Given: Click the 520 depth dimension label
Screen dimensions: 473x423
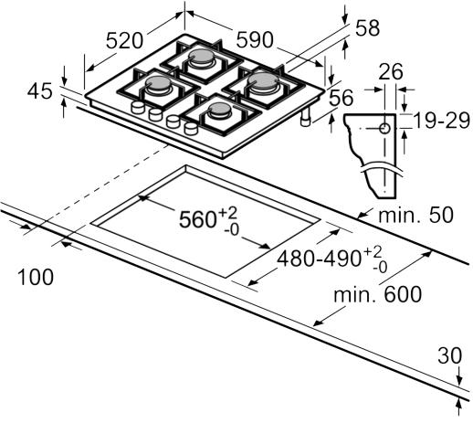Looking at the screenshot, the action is pyautogui.click(x=124, y=41).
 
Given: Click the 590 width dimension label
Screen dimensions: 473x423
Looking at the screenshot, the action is pyautogui.click(x=255, y=40).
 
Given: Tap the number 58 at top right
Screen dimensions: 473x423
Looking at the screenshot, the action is pyautogui.click(x=367, y=28).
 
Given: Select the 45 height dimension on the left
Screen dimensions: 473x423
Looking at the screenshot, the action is pyautogui.click(x=40, y=91).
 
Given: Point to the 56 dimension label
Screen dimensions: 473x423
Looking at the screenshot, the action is pyautogui.click(x=341, y=98).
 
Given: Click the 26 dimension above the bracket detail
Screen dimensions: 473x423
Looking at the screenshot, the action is pyautogui.click(x=391, y=72).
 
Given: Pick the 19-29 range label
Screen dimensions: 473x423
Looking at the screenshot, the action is pyautogui.click(x=442, y=121).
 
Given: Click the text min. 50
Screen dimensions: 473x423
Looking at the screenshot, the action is pyautogui.click(x=415, y=215).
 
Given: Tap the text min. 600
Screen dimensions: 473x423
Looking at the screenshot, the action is pyautogui.click(x=378, y=294).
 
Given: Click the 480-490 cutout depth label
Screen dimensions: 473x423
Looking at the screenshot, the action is pyautogui.click(x=332, y=259).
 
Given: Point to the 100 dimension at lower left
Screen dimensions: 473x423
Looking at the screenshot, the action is pyautogui.click(x=36, y=278).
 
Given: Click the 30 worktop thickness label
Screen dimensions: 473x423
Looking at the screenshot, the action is pyautogui.click(x=449, y=355).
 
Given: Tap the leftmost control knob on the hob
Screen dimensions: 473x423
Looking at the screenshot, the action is pyautogui.click(x=138, y=108).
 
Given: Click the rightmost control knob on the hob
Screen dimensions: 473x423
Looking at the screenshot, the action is pyautogui.click(x=191, y=128).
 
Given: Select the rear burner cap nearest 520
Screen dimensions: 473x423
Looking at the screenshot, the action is pyautogui.click(x=201, y=57).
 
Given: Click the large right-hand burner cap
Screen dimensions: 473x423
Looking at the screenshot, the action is pyautogui.click(x=263, y=80).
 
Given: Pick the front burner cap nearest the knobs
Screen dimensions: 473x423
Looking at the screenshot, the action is pyautogui.click(x=220, y=110).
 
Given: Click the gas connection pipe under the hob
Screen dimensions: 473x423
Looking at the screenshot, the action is pyautogui.click(x=306, y=118).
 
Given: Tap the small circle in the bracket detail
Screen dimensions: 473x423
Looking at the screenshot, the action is pyautogui.click(x=384, y=129).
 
